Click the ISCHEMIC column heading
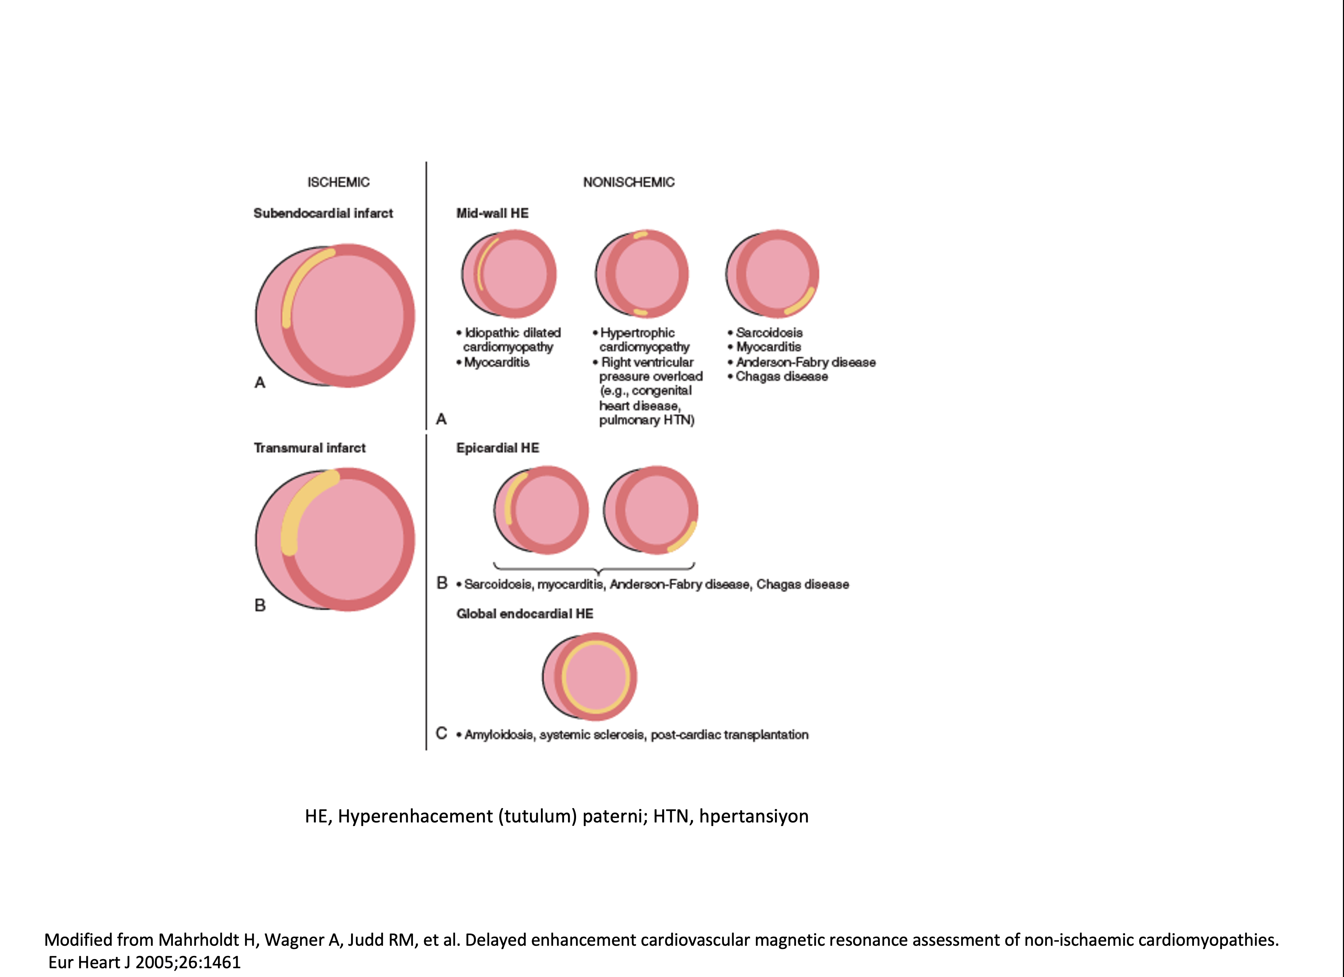coord(338,182)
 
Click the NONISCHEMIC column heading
coord(629,182)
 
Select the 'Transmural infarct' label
coord(310,448)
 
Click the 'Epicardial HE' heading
coord(498,448)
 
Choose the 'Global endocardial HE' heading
coord(524,613)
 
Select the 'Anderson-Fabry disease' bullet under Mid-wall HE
coord(805,362)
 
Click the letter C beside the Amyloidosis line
coord(441,734)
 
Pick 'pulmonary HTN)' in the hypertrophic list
coord(646,420)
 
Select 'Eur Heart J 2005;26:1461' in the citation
coord(144,962)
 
